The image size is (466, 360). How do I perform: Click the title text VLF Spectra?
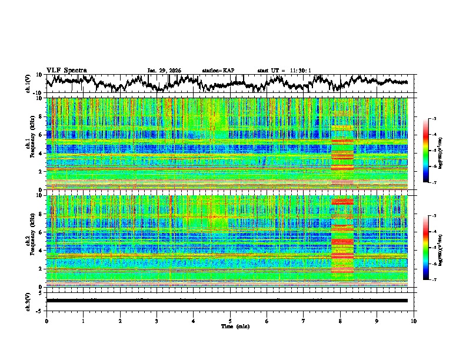click(x=66, y=70)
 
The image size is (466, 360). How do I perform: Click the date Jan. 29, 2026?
click(x=164, y=71)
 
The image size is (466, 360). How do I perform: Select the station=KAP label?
click(x=218, y=71)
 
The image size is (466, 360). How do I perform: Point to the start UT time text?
click(x=284, y=71)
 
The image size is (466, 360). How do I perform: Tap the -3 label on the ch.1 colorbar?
click(x=434, y=119)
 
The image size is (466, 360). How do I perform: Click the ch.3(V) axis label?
click(x=28, y=299)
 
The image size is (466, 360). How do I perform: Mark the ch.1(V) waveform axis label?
click(x=28, y=84)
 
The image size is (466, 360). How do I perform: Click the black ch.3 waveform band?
click(x=227, y=300)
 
